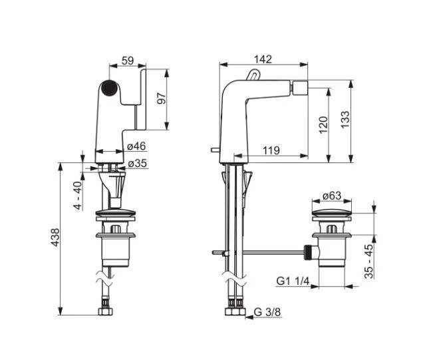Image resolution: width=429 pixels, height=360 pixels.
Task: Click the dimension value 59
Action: (126, 61)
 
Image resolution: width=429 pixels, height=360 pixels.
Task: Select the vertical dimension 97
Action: (160, 98)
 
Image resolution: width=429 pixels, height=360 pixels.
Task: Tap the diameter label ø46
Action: (136, 146)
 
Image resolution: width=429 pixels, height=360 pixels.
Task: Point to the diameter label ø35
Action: (137, 163)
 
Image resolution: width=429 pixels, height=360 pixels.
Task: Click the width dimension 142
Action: (263, 59)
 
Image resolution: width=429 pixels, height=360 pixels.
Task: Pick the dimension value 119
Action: (270, 151)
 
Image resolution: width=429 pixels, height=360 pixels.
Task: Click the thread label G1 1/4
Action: (293, 281)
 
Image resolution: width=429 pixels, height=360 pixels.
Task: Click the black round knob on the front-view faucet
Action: (108, 87)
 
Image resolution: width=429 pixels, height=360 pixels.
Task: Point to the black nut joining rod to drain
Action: (307, 252)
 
